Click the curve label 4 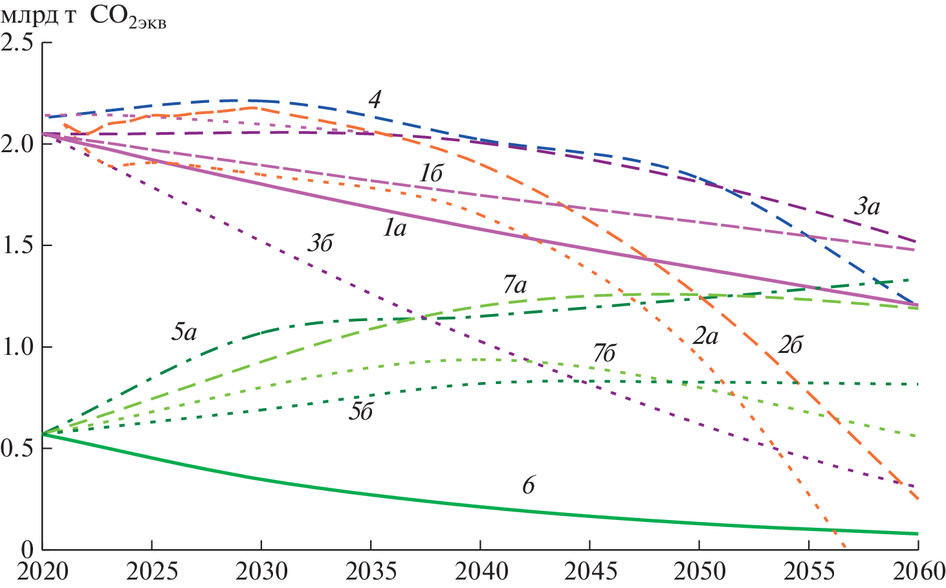[x=375, y=100]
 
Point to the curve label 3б [x=320, y=244]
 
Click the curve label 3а [x=866, y=207]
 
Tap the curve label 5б [x=360, y=413]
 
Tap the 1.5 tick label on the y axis [x=17, y=246]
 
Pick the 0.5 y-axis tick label [x=17, y=449]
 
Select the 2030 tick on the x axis [x=261, y=572]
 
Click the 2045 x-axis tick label [x=589, y=572]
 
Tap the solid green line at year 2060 [x=918, y=534]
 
